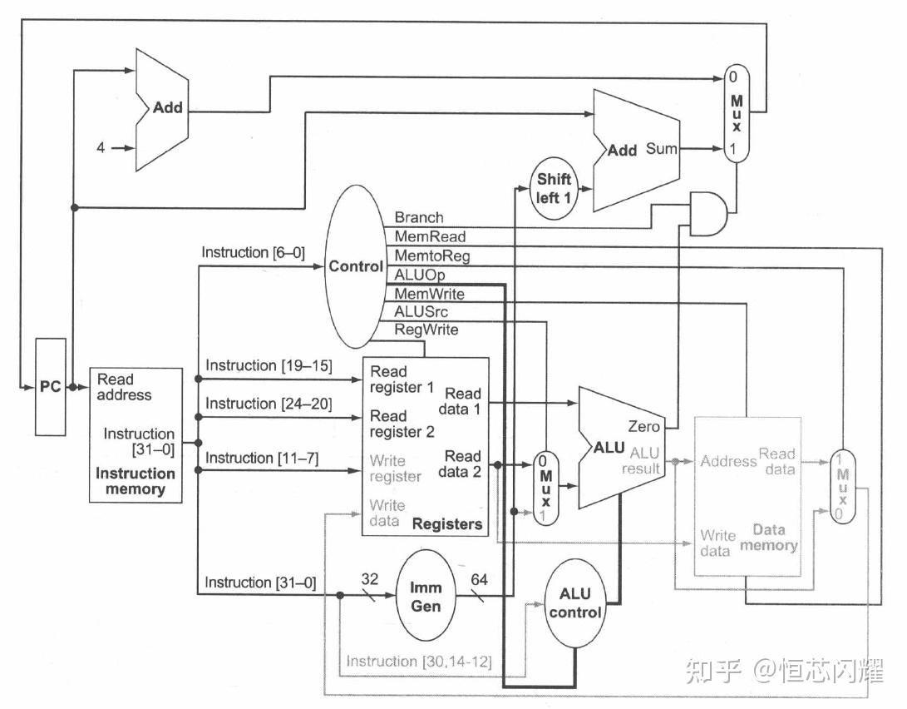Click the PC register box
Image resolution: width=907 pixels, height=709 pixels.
point(51,387)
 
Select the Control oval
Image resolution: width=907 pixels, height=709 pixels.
point(356,266)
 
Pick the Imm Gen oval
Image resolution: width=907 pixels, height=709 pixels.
point(426,596)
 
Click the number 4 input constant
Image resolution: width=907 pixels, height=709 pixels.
point(101,147)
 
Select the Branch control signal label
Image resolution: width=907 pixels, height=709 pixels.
point(419,218)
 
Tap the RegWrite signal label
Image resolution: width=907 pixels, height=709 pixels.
point(426,330)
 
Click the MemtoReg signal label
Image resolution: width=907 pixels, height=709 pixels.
point(431,256)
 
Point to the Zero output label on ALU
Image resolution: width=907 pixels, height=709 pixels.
point(644,426)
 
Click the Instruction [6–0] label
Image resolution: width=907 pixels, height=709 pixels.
point(245,252)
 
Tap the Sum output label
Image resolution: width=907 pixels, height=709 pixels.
point(661,149)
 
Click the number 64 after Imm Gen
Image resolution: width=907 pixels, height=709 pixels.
point(480,579)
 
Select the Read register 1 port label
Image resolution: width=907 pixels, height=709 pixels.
point(402,379)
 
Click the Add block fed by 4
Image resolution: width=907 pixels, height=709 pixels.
point(166,108)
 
